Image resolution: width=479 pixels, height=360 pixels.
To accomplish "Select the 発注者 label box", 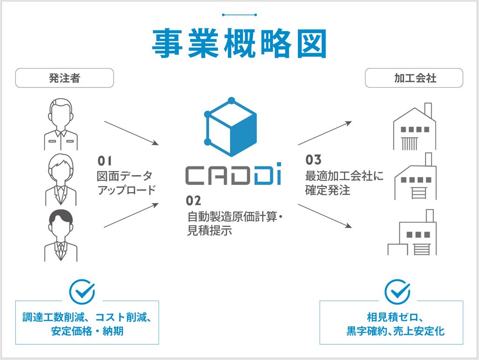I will click(x=65, y=78).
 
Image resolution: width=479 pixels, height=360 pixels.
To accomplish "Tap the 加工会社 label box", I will click(x=414, y=78).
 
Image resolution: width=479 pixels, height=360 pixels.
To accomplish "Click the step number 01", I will click(x=105, y=162).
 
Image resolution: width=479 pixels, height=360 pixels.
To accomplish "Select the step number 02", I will click(x=193, y=201).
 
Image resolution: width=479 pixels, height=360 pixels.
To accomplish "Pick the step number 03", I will click(x=313, y=160).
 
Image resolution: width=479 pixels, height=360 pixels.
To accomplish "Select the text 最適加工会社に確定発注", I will click(x=344, y=183).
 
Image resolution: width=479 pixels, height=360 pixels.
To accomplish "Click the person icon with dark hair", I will click(x=61, y=235).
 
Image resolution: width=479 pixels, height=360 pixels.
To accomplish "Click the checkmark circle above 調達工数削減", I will click(x=82, y=292).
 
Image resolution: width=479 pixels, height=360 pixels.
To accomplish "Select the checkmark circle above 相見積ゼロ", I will click(x=397, y=292).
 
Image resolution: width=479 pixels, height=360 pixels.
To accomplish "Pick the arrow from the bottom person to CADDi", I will click(x=132, y=215).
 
